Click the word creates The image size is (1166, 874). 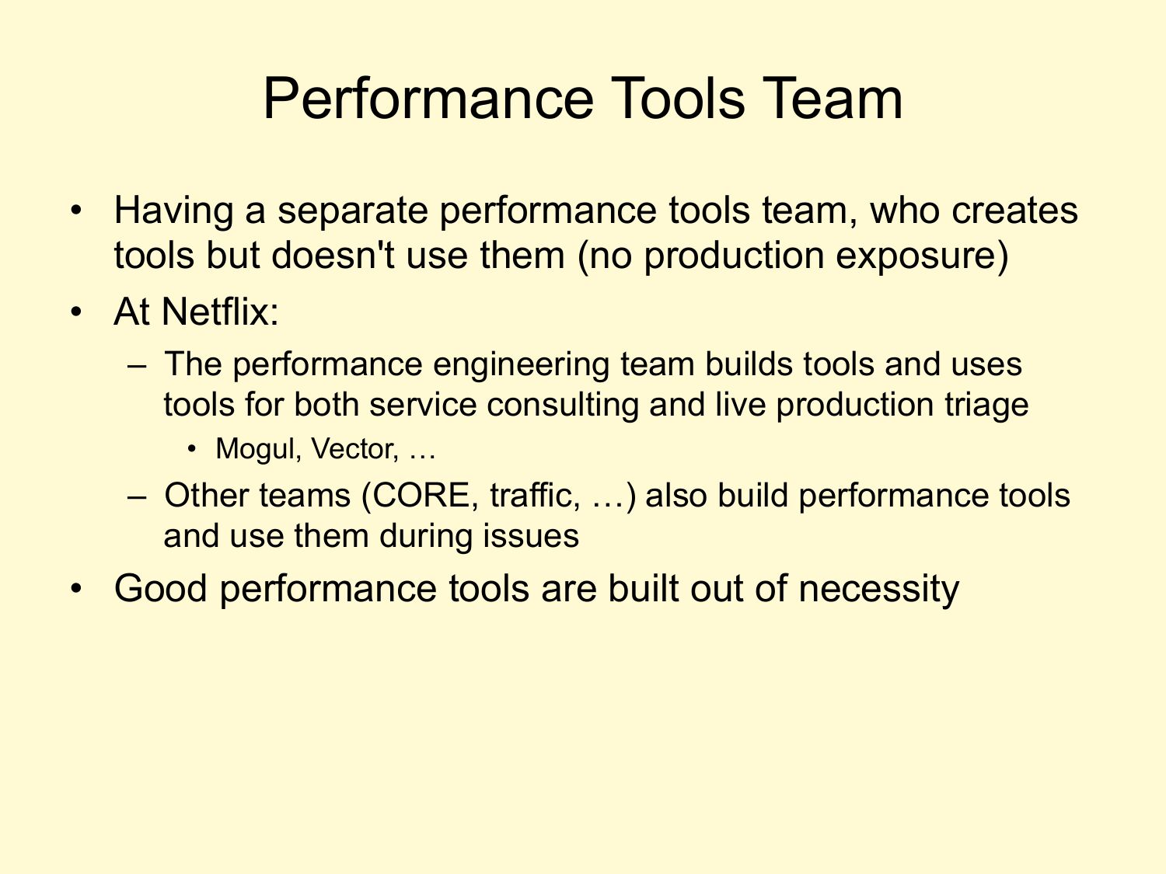[1014, 211]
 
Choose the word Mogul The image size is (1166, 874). [255, 450]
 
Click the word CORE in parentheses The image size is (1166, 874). [421, 496]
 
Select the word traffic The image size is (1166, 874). [529, 496]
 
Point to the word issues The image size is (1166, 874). [531, 537]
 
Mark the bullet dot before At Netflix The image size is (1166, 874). [76, 312]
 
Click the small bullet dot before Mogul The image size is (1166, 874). [192, 450]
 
